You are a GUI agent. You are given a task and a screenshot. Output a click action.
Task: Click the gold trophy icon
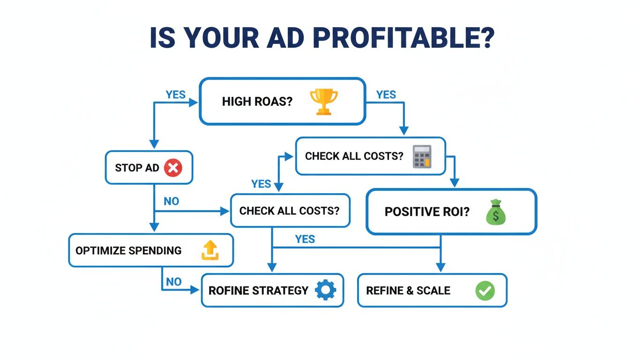click(x=323, y=102)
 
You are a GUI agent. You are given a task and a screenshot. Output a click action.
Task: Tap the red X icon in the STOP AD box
click(x=173, y=167)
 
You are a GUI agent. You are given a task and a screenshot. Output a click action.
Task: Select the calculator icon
click(x=421, y=156)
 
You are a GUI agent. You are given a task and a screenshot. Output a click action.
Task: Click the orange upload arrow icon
click(x=210, y=250)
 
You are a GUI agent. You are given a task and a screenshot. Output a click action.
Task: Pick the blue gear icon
click(x=325, y=290)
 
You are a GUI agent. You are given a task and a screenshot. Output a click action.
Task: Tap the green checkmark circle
click(x=485, y=291)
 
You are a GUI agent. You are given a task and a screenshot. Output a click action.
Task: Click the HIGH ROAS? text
click(x=257, y=102)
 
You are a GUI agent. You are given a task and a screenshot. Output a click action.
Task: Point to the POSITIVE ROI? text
click(x=427, y=212)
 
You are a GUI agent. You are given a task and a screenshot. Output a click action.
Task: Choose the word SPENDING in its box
click(x=155, y=250)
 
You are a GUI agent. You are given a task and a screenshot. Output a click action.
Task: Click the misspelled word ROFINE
click(x=229, y=291)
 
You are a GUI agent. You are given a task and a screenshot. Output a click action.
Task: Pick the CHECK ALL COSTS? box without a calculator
click(x=290, y=211)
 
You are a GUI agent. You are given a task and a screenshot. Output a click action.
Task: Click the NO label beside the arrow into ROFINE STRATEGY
click(x=173, y=282)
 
